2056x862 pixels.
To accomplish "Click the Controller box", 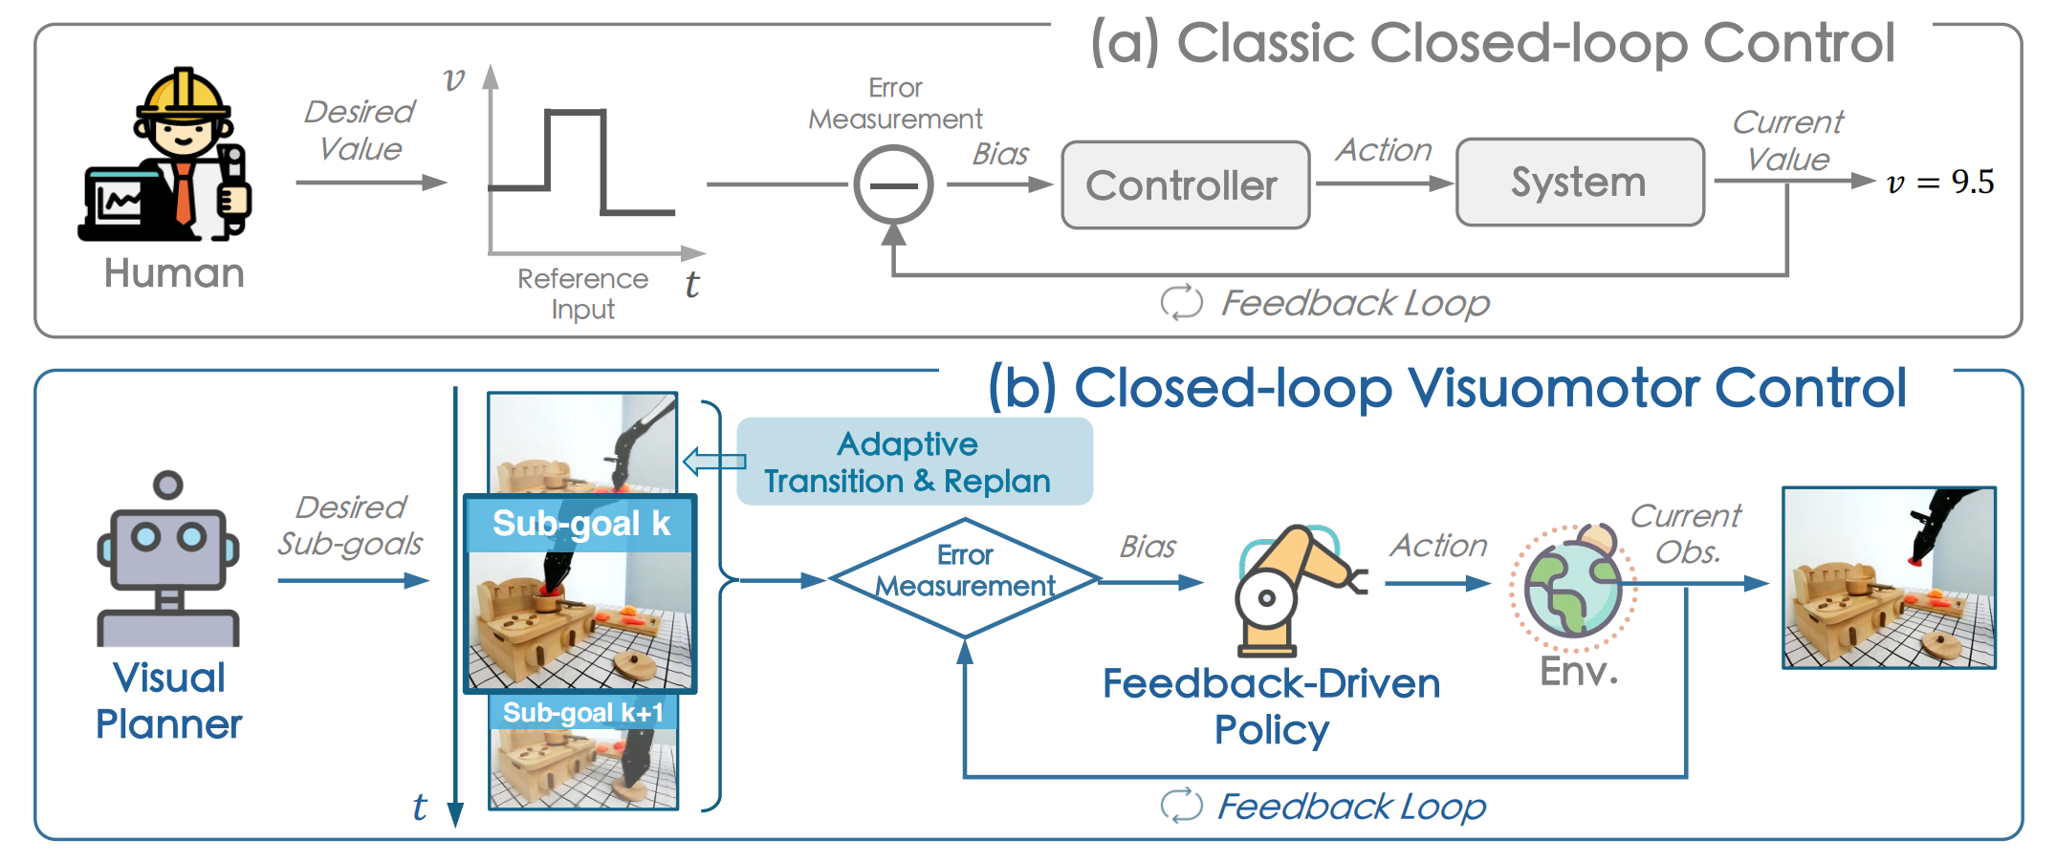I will (x=1185, y=185).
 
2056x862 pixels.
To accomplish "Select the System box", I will (x=1579, y=182).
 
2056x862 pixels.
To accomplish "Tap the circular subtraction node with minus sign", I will (x=893, y=184).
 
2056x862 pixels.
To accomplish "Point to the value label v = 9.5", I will (x=1939, y=182).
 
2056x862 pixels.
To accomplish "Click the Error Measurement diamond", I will (x=965, y=578).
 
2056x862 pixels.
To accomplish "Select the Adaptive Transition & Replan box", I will (x=914, y=462).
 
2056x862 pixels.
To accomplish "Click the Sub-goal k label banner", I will (x=580, y=524).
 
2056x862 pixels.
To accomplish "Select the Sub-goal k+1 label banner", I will (x=582, y=712).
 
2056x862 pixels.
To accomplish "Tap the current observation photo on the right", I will (x=1888, y=577).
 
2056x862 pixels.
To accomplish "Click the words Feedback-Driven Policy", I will (x=1271, y=706).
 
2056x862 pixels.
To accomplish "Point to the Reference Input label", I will (x=582, y=293).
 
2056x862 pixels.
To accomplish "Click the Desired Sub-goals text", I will (x=351, y=525).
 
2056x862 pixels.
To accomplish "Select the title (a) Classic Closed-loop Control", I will (x=1491, y=44).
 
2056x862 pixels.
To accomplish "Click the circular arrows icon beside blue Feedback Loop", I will (x=1181, y=805).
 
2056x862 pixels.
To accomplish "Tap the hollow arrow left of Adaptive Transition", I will (x=713, y=462).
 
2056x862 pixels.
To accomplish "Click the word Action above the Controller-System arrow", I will (x=1383, y=150).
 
